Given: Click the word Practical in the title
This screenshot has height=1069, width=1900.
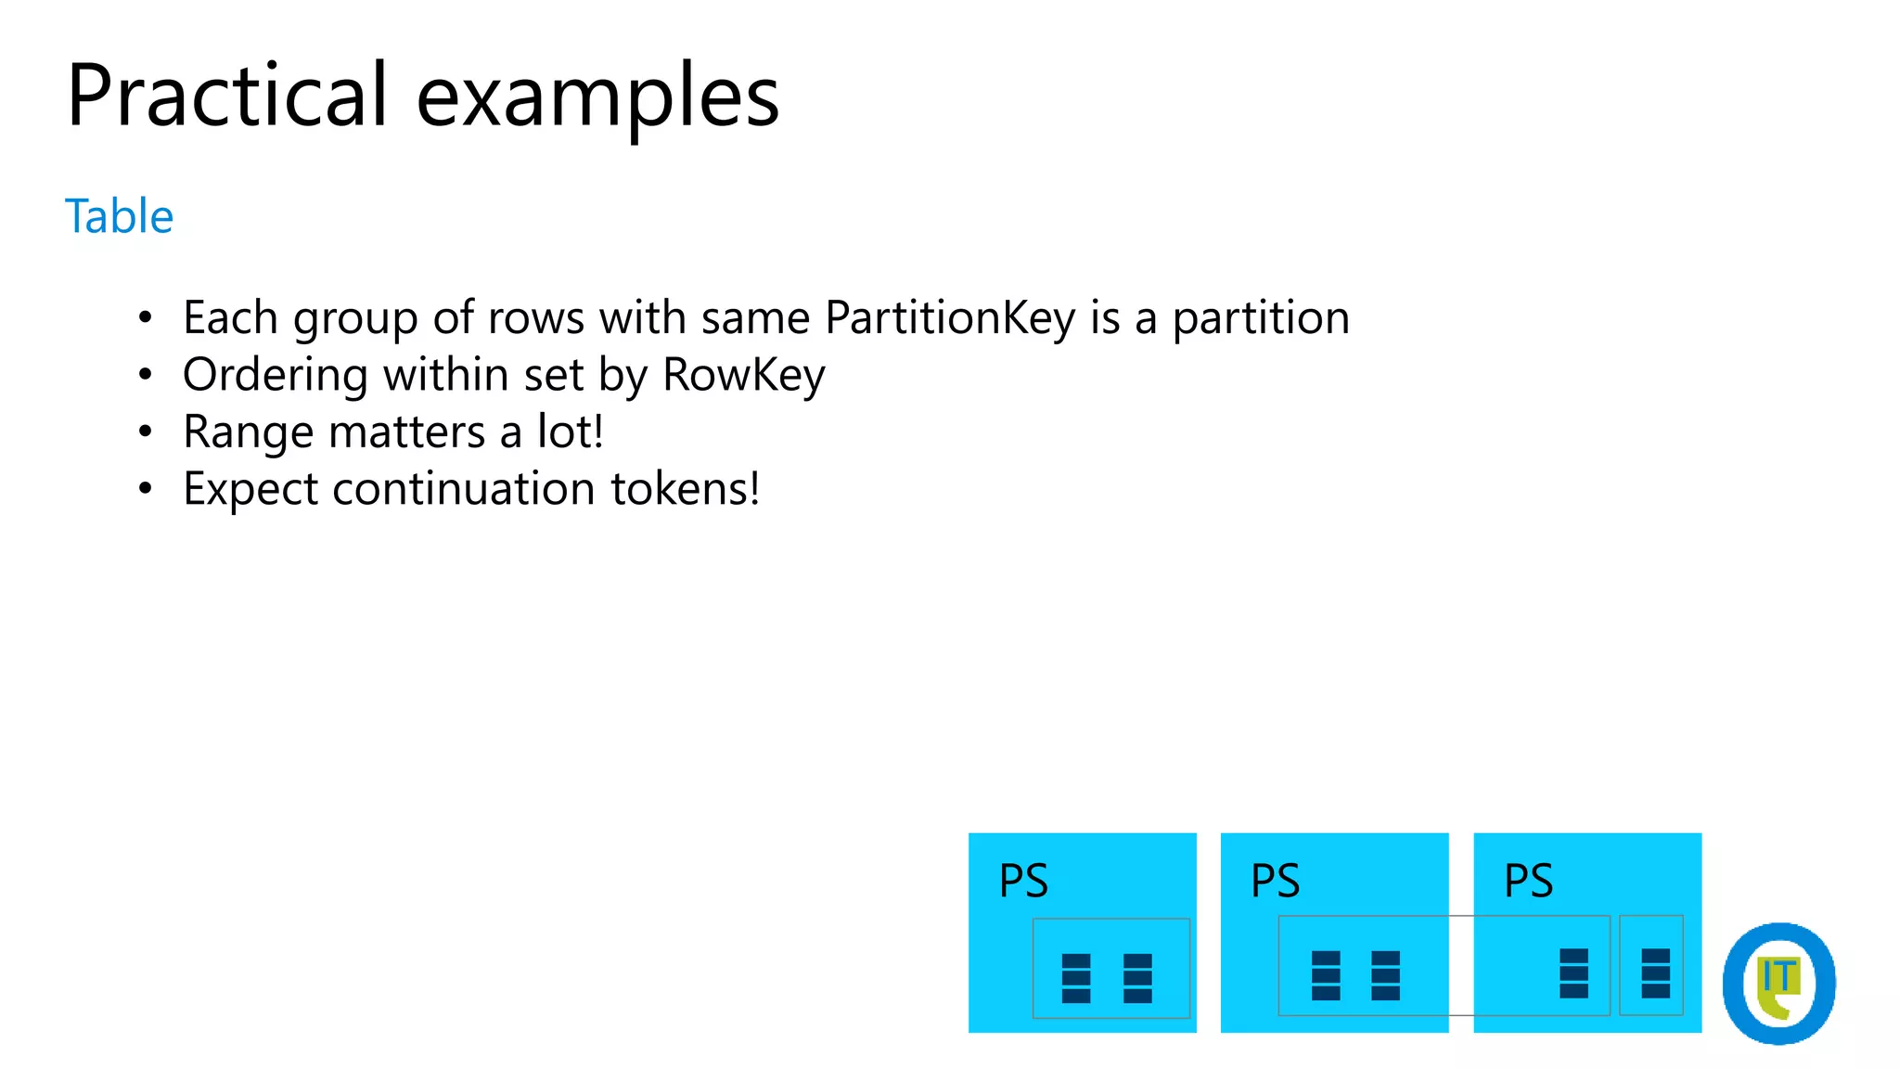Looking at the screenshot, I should click(x=226, y=96).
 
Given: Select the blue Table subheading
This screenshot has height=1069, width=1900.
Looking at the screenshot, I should click(x=119, y=216).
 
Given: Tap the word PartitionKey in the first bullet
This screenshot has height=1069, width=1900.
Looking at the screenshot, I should click(x=950, y=318).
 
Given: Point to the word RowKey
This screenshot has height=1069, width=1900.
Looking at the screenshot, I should click(x=744, y=376).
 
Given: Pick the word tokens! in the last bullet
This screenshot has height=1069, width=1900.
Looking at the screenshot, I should click(x=685, y=489).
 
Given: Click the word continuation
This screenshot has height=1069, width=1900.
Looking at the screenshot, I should click(x=464, y=489).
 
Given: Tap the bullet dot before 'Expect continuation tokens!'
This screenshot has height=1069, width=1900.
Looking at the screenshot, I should click(x=145, y=489).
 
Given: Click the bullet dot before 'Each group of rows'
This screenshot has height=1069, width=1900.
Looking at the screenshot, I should click(x=145, y=318).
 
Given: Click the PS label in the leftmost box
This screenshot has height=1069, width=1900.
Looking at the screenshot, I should click(x=1023, y=881).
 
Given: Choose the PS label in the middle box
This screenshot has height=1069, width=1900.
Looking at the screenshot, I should click(x=1276, y=881).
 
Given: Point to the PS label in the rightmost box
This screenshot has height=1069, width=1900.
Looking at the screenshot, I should click(x=1528, y=881).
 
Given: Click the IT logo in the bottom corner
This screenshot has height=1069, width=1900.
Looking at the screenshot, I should click(x=1778, y=983).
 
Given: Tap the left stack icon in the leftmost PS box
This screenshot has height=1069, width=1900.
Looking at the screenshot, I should click(x=1076, y=978).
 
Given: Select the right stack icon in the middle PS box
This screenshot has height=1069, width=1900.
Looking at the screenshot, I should click(x=1385, y=975).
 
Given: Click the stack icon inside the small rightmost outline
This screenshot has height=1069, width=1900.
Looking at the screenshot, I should click(x=1655, y=972).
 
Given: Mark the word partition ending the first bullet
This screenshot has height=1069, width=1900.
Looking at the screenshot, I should click(x=1261, y=318).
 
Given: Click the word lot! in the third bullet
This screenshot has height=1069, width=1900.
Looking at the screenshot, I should click(x=571, y=432).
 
